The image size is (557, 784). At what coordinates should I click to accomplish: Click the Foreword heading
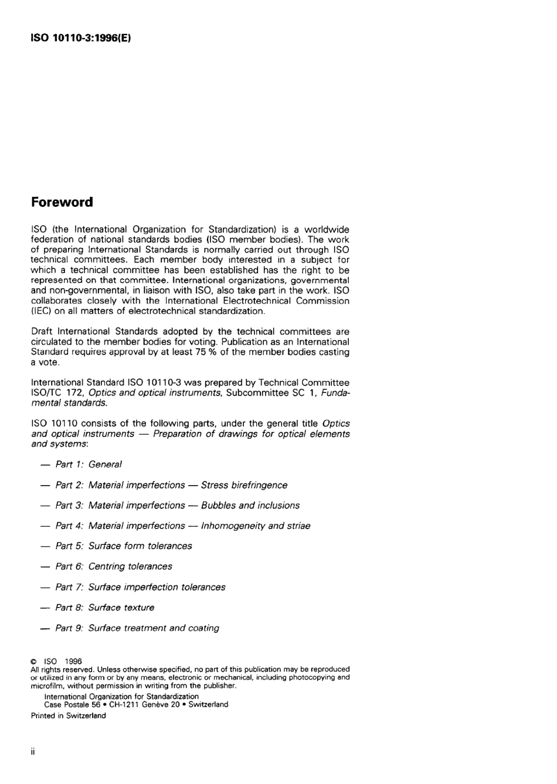[62, 202]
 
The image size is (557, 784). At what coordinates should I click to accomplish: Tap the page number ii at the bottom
[33, 752]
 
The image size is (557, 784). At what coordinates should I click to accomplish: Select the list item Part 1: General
[88, 465]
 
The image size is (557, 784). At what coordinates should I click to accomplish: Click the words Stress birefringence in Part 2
[244, 485]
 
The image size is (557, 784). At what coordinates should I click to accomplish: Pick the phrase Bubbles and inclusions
[250, 506]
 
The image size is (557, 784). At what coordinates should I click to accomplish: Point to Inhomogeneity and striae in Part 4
[256, 526]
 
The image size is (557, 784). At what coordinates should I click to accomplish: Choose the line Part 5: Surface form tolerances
[123, 546]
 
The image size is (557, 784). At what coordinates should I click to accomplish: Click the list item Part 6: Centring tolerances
[114, 567]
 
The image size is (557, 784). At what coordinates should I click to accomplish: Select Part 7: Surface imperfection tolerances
[140, 587]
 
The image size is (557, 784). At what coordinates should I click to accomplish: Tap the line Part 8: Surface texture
[105, 608]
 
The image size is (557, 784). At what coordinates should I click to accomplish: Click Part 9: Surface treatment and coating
[137, 628]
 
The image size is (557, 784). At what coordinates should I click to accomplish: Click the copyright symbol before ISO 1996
[34, 662]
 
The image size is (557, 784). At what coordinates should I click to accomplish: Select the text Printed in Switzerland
[69, 716]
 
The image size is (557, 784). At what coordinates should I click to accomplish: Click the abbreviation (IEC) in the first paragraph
[41, 311]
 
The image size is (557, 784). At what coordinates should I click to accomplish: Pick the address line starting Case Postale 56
[136, 705]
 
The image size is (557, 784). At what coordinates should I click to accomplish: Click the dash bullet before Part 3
[45, 506]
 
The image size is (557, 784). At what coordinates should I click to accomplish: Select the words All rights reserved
[62, 669]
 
